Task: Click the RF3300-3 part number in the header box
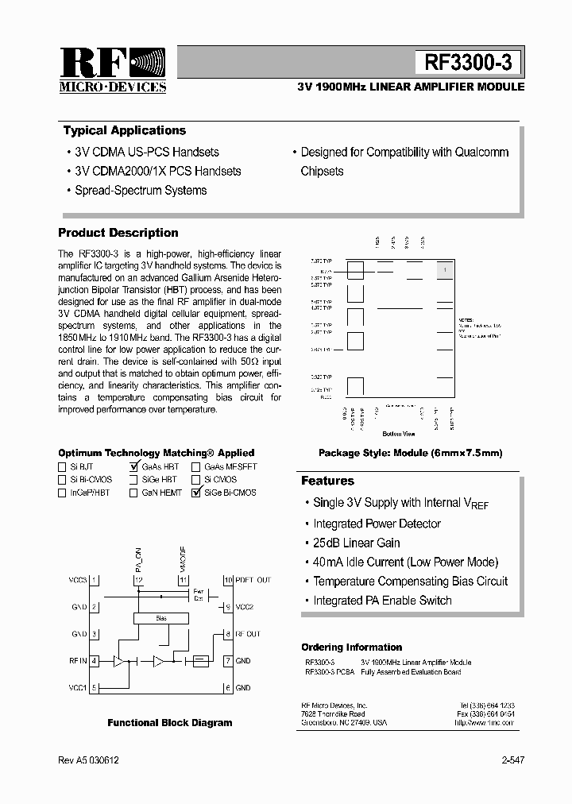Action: point(468,63)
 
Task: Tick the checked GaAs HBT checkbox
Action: point(133,467)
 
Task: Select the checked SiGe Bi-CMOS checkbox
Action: point(196,493)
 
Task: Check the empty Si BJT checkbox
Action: point(63,467)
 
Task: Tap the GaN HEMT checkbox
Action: point(133,493)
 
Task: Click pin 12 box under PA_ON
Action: point(138,581)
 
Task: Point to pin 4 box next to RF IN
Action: point(95,661)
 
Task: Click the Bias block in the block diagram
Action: point(161,617)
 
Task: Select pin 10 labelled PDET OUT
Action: point(227,581)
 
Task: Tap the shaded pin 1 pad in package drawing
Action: point(445,270)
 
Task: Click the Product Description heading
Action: point(118,233)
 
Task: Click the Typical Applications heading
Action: point(124,130)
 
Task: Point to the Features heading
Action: point(327,481)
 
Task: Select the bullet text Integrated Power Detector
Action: point(377,524)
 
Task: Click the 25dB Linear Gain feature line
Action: point(356,543)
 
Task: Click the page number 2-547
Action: point(512,760)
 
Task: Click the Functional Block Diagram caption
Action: point(170,723)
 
